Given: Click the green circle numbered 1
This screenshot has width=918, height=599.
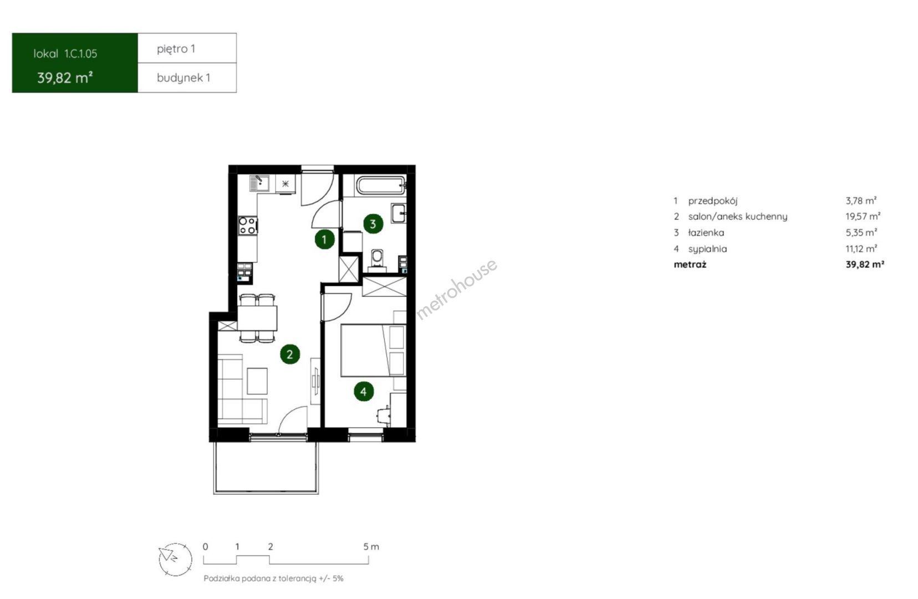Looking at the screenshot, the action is [x=324, y=240].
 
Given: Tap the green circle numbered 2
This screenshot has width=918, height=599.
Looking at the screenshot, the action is [x=290, y=354].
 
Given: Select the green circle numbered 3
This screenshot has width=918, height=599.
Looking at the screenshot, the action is [x=373, y=224].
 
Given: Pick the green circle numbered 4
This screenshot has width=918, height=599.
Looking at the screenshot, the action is [x=364, y=392].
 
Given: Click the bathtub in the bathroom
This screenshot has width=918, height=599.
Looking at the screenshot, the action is [x=381, y=185].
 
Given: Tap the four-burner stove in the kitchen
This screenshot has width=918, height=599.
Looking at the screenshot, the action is [x=248, y=226].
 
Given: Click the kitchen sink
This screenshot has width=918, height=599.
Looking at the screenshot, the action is [x=259, y=183].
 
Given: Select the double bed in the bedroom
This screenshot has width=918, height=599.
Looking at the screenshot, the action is [x=373, y=351].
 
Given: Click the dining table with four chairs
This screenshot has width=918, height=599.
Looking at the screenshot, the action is [x=257, y=318].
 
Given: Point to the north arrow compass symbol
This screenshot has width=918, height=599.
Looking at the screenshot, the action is [x=175, y=560].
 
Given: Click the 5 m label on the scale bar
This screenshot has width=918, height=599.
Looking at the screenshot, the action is [x=371, y=547].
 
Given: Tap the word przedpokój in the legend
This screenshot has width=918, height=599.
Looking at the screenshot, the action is [x=713, y=201].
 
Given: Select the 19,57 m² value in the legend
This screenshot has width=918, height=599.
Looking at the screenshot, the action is [x=863, y=216].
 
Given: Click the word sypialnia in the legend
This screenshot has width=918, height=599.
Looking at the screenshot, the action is [x=707, y=249].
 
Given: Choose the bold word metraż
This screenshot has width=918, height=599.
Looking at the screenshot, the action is [x=690, y=265].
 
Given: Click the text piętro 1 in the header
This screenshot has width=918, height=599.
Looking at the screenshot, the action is [x=176, y=49].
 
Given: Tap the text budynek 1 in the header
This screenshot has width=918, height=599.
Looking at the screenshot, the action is [x=183, y=78].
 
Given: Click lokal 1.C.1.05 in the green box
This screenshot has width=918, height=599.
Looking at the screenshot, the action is [x=65, y=54].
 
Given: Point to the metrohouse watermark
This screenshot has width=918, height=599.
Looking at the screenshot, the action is [x=457, y=288].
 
